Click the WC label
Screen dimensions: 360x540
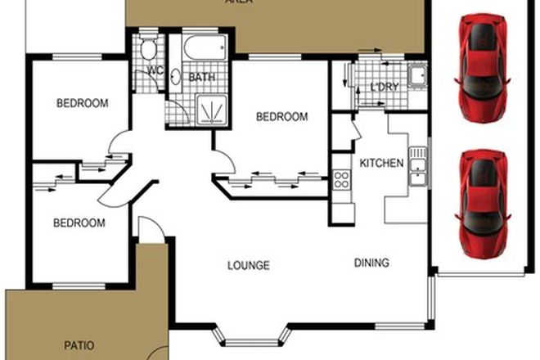(x=153, y=70)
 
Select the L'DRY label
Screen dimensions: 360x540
(x=384, y=88)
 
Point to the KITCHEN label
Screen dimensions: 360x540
(x=381, y=163)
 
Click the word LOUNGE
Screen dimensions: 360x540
(x=249, y=265)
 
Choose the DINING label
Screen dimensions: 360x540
(x=371, y=263)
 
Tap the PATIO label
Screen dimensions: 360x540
(x=79, y=345)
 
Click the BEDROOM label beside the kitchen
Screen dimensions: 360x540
(x=281, y=117)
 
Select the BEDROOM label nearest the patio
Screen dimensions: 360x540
(x=79, y=223)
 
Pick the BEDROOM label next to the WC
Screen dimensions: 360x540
(x=82, y=103)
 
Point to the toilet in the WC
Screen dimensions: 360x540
(x=148, y=49)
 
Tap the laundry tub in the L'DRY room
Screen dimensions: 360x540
(x=417, y=76)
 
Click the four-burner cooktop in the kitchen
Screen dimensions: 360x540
(x=342, y=181)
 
